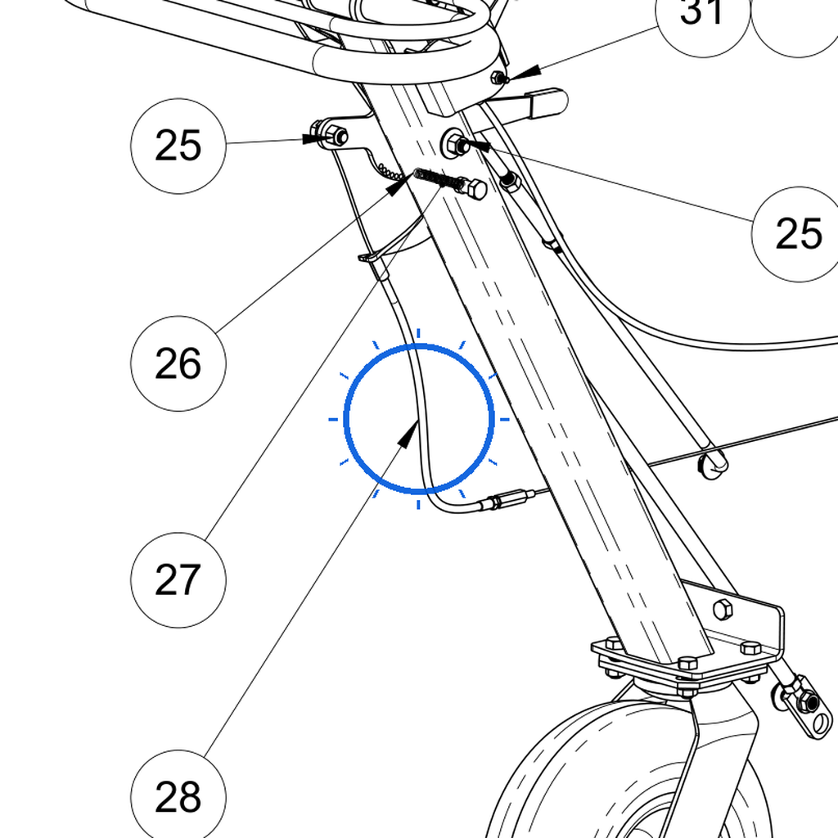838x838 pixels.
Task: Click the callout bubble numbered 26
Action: [x=178, y=363]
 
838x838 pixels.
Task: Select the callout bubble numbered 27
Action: [x=178, y=580]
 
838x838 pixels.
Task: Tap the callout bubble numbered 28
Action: [x=178, y=797]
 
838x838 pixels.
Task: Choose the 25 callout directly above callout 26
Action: [x=178, y=146]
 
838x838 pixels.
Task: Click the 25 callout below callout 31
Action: [x=799, y=234]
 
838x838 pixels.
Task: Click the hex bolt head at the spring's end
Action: [x=475, y=189]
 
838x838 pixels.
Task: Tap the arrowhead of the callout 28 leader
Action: [x=408, y=434]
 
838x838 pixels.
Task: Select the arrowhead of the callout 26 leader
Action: [x=399, y=184]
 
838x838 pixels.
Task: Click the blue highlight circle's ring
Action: [x=346, y=418]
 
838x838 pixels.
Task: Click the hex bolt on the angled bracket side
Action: [x=723, y=610]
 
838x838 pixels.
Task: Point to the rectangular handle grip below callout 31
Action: [x=546, y=102]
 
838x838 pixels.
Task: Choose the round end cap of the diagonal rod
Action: [x=714, y=463]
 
